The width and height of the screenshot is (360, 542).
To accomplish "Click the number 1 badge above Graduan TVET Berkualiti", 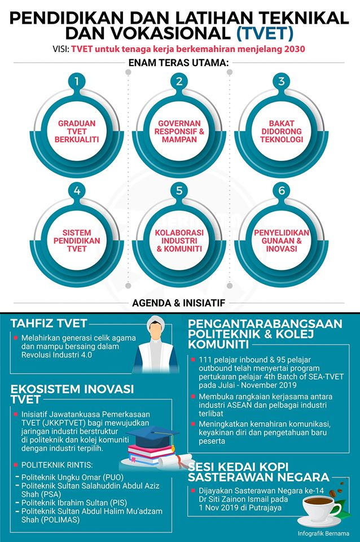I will point(77,81).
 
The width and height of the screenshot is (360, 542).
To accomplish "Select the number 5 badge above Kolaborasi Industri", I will point(179,190).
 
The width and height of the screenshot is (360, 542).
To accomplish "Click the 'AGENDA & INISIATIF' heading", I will point(179,303).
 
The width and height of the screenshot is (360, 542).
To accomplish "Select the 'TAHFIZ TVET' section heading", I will point(49,324).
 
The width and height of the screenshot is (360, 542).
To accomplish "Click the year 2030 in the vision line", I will point(294,49).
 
